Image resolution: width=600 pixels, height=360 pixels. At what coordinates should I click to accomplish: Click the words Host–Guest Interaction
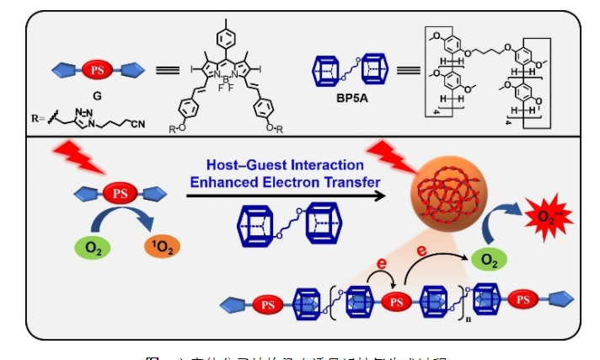tap(287, 165)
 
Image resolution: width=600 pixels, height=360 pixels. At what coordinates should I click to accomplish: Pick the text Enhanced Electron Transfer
tap(287, 181)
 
